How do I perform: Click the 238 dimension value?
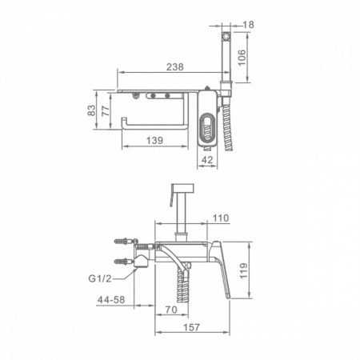[175, 66]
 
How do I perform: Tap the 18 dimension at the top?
[248, 25]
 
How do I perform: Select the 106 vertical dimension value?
[242, 58]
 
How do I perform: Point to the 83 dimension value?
[91, 110]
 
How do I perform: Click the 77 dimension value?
[106, 111]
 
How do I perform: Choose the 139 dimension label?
[154, 140]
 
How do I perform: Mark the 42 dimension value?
[207, 160]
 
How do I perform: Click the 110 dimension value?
[221, 218]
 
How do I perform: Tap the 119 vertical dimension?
[244, 271]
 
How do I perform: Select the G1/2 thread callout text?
[100, 278]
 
